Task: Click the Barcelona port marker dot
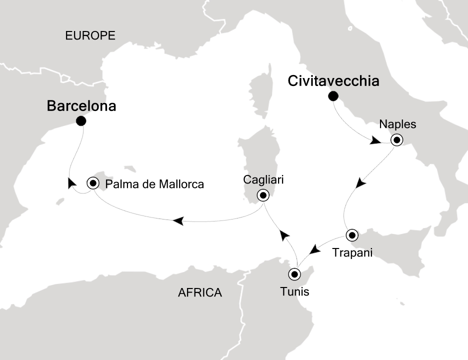point(81,121)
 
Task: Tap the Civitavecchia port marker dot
point(333,96)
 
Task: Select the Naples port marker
point(396,140)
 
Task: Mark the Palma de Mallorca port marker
point(93,183)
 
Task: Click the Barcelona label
point(81,106)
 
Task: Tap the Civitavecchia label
point(333,81)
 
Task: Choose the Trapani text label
point(352,253)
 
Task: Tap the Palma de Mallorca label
point(155,184)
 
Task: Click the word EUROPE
point(90,35)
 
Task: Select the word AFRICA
point(199,292)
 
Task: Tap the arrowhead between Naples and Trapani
point(361,183)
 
